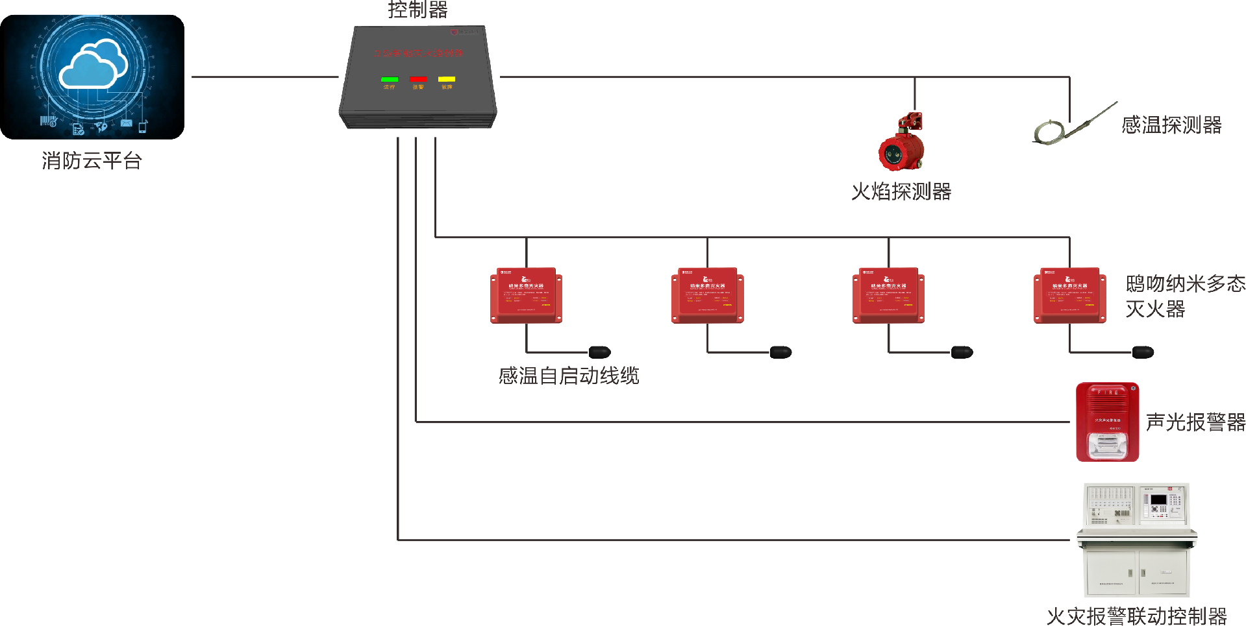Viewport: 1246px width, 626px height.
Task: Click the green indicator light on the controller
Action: [x=390, y=79]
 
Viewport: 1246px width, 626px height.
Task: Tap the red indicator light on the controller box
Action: [x=418, y=79]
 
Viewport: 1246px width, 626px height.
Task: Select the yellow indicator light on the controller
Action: [x=447, y=79]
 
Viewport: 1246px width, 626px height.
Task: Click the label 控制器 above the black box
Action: [x=417, y=10]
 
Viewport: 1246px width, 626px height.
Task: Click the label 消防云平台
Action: [x=92, y=161]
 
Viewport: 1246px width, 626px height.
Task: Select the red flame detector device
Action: [x=901, y=144]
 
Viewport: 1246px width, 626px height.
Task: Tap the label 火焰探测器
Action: [x=901, y=192]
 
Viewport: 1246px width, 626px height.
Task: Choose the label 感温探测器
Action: [x=1171, y=125]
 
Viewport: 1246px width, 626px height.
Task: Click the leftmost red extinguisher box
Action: [x=526, y=295]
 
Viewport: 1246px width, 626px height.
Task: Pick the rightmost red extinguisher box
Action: [x=1069, y=295]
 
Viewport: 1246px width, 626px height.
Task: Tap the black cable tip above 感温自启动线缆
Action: [x=599, y=352]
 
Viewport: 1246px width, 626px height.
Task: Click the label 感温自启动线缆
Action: [x=569, y=376]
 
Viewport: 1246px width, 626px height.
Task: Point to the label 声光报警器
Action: [x=1195, y=422]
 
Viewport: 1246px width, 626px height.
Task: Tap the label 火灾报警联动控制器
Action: [x=1136, y=616]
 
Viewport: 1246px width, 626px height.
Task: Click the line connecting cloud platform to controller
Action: [x=265, y=77]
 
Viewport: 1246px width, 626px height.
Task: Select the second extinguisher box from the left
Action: [x=707, y=295]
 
